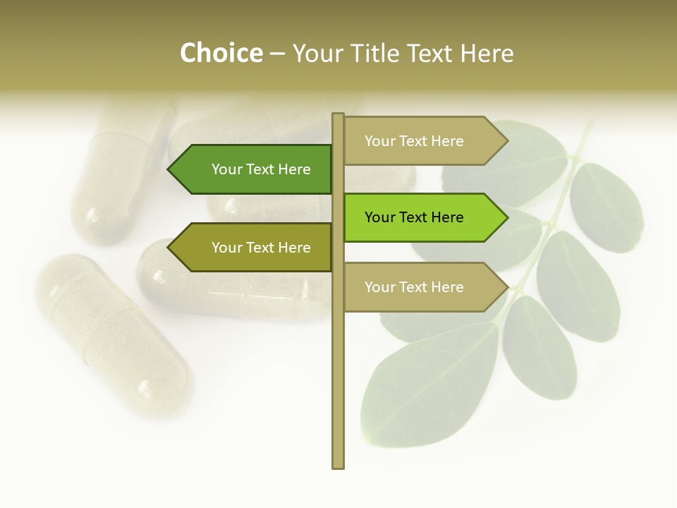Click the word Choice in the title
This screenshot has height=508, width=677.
pyautogui.click(x=221, y=54)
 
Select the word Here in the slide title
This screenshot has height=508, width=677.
pyautogui.click(x=487, y=54)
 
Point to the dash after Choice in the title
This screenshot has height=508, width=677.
pyautogui.click(x=277, y=54)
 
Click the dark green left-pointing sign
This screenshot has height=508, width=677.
pyautogui.click(x=254, y=169)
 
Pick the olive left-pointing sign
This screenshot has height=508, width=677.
pyautogui.click(x=254, y=248)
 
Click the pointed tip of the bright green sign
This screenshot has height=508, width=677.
pyautogui.click(x=506, y=217)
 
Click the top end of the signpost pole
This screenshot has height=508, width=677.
pyautogui.click(x=338, y=116)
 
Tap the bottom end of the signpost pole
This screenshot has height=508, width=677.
pyautogui.click(x=338, y=466)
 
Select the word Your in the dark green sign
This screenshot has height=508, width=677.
pyautogui.click(x=227, y=169)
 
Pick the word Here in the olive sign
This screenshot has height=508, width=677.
pyautogui.click(x=294, y=248)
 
